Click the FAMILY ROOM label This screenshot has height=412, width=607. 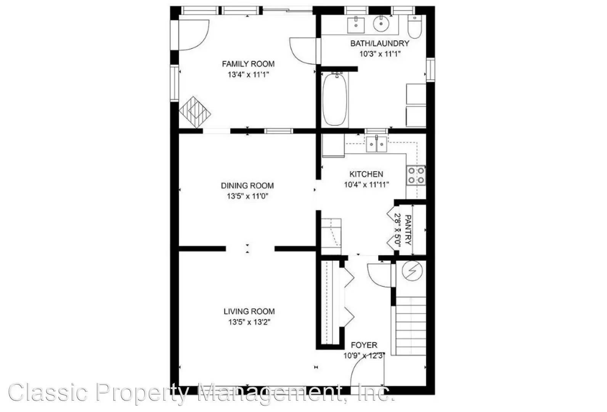(x=248, y=64)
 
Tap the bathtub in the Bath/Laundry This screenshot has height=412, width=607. (x=335, y=99)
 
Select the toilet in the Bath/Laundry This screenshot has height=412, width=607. (x=414, y=26)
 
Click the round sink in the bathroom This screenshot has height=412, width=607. (x=381, y=24)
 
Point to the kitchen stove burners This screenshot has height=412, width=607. (x=416, y=175)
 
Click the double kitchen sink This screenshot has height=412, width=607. (x=377, y=144)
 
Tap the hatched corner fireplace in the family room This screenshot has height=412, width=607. (x=195, y=112)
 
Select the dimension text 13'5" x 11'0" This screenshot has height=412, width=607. (x=248, y=196)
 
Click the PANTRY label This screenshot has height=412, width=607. (x=407, y=230)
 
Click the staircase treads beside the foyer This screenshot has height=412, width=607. (x=411, y=326)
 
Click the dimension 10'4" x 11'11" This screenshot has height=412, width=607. (x=366, y=185)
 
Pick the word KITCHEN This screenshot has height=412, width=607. (x=366, y=174)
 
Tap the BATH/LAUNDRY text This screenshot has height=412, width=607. (x=380, y=43)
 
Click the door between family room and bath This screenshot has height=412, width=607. (x=303, y=50)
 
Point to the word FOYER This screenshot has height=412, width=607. (x=364, y=345)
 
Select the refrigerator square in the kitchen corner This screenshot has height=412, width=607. (x=333, y=145)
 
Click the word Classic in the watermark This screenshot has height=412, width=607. (x=48, y=392)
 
